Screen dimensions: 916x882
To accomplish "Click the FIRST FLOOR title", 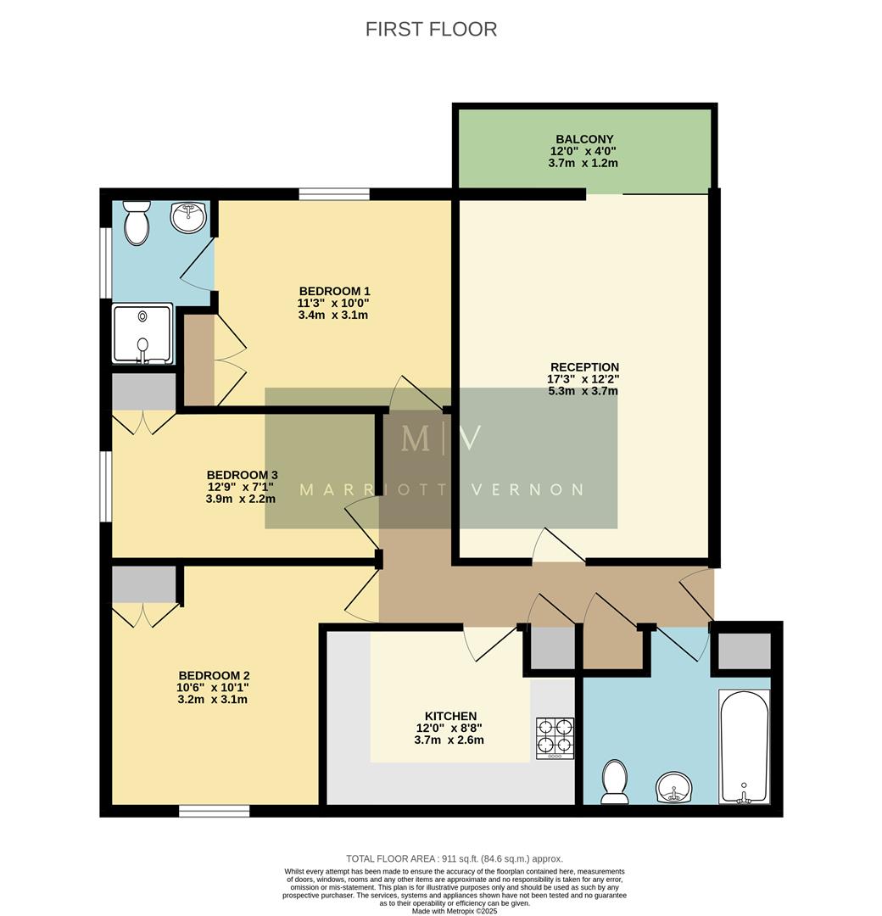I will click(431, 29).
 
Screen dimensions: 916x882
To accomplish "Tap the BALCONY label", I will click(584, 139).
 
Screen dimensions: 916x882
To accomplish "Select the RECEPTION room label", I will click(584, 367).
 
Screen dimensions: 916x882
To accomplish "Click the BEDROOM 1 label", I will click(334, 290).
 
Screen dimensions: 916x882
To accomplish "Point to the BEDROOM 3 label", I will click(242, 475).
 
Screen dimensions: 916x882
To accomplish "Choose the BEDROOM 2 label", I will click(213, 675).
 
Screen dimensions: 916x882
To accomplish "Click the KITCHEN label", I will click(449, 716).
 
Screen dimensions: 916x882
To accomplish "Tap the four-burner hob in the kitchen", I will click(555, 738).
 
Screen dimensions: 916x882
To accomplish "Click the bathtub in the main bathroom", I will click(744, 746).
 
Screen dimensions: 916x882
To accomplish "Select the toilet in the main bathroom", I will click(613, 781).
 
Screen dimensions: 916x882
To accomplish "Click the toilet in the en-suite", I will click(136, 221).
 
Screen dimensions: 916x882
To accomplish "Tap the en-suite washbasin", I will click(188, 217).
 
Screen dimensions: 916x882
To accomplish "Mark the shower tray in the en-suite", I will click(142, 333).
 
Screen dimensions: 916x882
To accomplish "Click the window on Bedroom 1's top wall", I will click(334, 194).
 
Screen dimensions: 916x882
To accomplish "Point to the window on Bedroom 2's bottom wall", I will click(214, 811).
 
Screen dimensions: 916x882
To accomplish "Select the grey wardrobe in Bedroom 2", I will click(144, 584).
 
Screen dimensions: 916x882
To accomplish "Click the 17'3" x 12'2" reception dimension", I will click(584, 379).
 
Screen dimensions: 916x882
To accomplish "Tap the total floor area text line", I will click(454, 858).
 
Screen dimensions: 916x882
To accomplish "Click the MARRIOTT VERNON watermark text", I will click(441, 489).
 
